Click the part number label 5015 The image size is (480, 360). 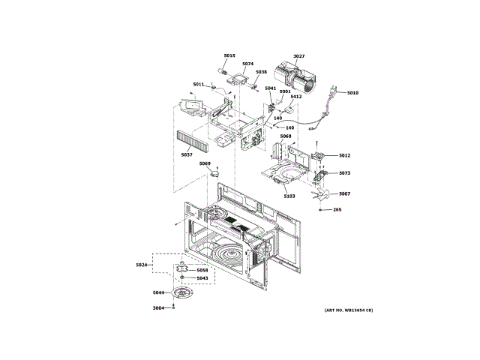point(229,55)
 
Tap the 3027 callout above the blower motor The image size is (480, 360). point(298,56)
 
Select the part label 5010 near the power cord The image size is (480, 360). point(352,93)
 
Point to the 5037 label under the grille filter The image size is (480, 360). point(187,154)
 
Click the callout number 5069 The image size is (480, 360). point(205,163)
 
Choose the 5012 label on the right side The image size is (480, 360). point(344,155)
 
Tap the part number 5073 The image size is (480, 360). point(344,173)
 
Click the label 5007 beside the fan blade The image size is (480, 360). point(344,194)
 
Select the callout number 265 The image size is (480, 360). point(337,209)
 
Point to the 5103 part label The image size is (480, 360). point(289,196)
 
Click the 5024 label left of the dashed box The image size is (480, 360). point(142,265)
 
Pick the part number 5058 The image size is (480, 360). point(202,270)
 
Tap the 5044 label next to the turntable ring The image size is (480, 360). point(158,292)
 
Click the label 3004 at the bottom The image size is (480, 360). point(158,308)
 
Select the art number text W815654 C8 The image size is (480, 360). point(349,310)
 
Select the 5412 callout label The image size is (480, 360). point(296,97)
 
